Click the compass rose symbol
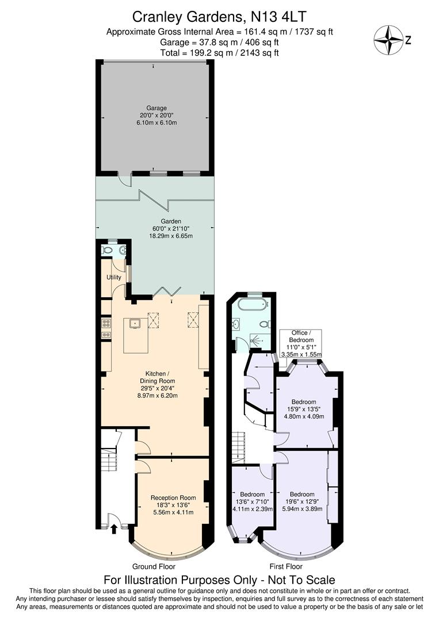pos(388,40)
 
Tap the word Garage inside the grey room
pos(156,108)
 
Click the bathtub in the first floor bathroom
pos(251,306)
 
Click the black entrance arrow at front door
pos(114,528)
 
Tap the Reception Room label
pos(173,497)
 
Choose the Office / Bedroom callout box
pos(299,344)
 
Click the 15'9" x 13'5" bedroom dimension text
pos(304,409)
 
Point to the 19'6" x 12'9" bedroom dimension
pos(302,501)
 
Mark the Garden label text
pos(171,221)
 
